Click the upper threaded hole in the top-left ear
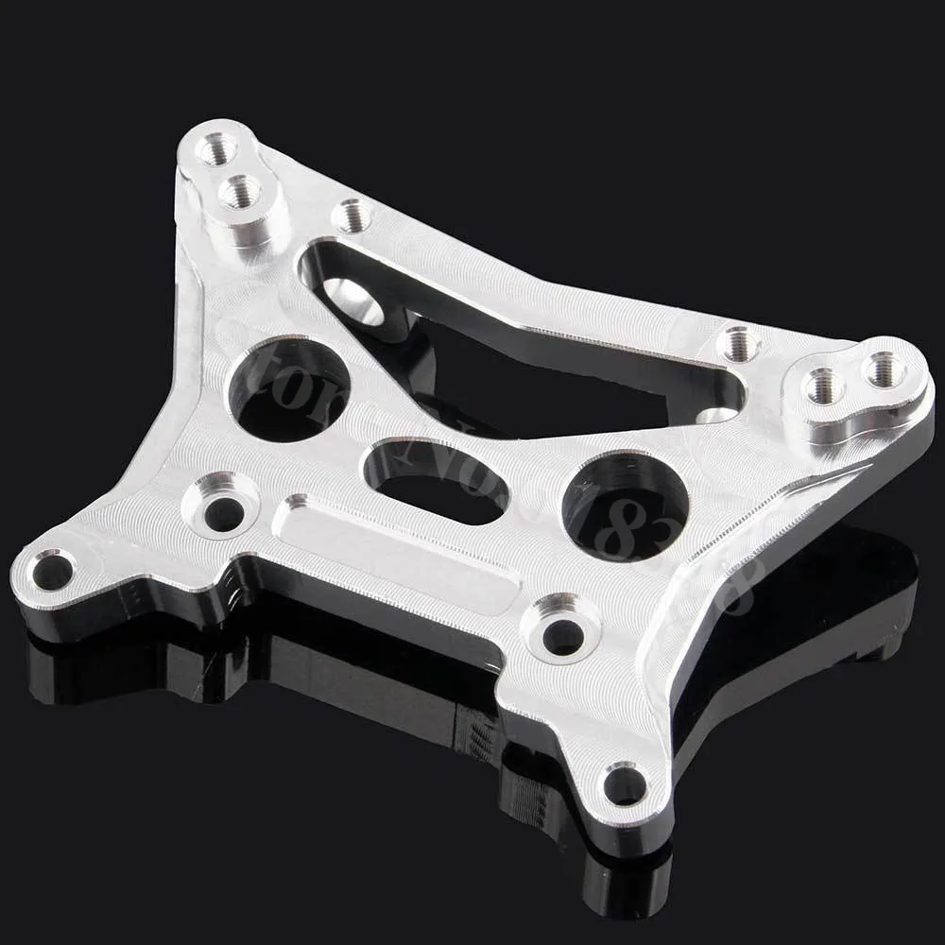(x=216, y=147)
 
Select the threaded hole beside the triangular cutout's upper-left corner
(x=352, y=216)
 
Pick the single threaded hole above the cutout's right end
(x=736, y=342)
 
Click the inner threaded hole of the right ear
(x=822, y=385)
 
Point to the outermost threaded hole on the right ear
(x=884, y=369)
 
